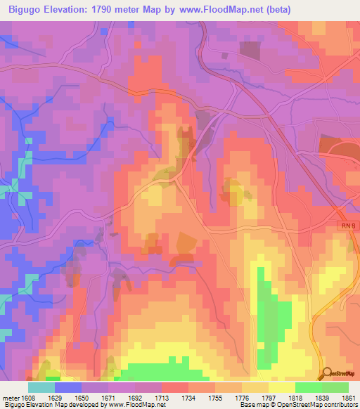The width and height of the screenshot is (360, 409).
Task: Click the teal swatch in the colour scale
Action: click(41, 387)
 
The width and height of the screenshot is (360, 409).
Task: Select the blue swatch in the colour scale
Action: click(68, 387)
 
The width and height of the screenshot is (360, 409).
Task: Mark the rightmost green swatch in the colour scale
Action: click(335, 387)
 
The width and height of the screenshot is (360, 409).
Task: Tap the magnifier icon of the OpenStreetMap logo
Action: click(326, 373)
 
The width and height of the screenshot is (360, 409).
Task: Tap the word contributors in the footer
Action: click(341, 405)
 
